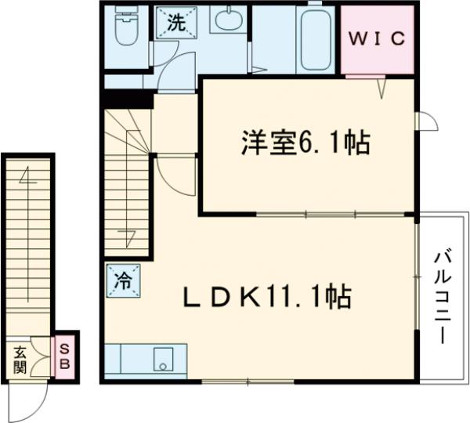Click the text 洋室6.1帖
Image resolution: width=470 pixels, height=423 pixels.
pyautogui.click(x=305, y=144)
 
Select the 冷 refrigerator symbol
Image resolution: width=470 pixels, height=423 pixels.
pyautogui.click(x=123, y=279)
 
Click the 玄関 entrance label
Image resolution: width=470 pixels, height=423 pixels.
pyautogui.click(x=19, y=360)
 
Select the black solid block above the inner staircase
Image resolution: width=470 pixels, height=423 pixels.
pyautogui.click(x=126, y=99)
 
